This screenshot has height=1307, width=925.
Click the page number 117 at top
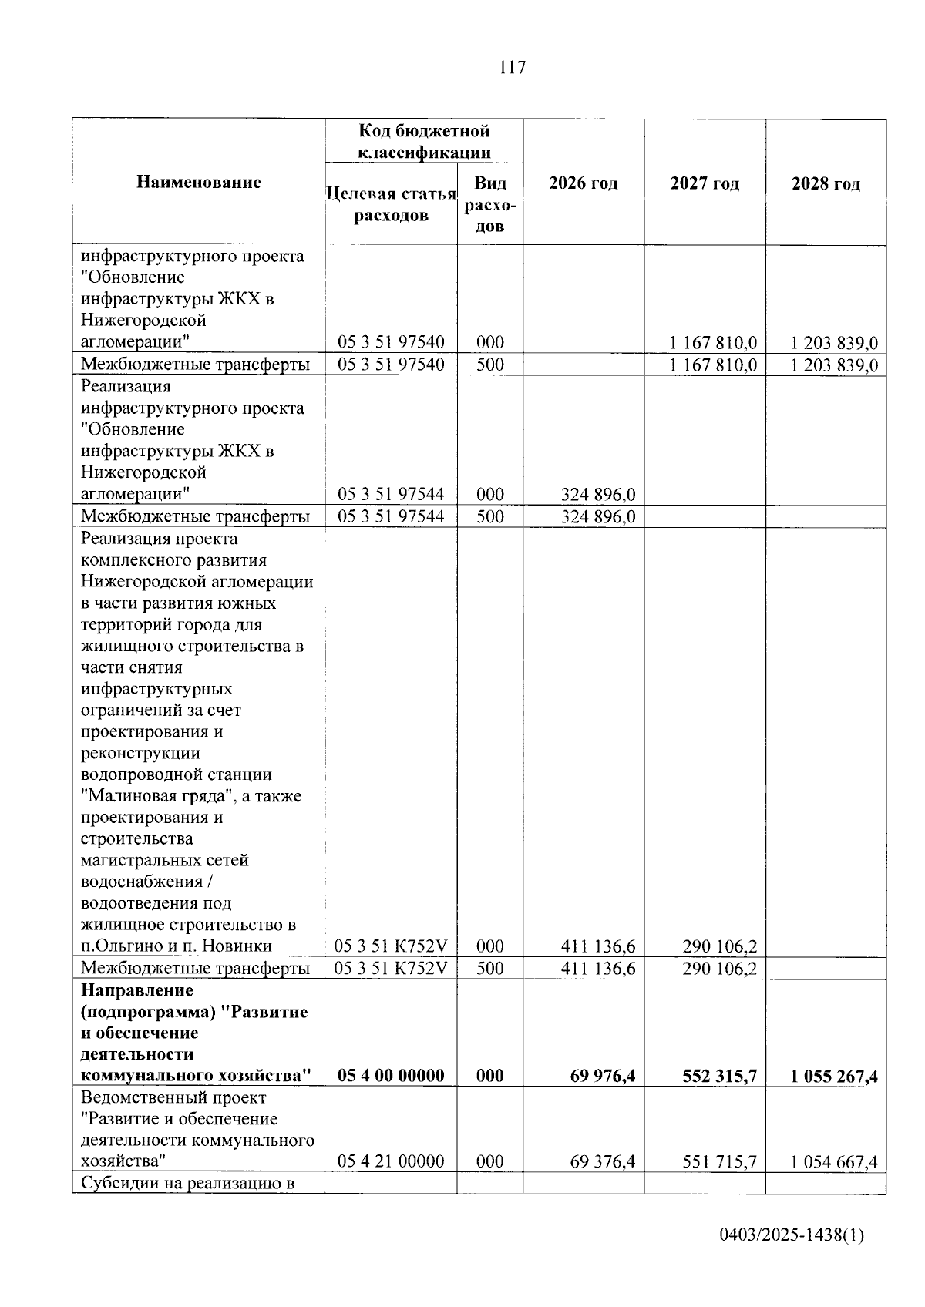point(513,68)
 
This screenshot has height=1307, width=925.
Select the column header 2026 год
point(584,183)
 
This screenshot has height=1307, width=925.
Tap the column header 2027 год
point(705,183)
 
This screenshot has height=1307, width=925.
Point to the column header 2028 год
point(826,183)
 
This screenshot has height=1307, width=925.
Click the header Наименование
point(199,182)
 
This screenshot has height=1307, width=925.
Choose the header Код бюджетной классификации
point(424,141)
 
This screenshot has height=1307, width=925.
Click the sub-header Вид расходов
point(490,204)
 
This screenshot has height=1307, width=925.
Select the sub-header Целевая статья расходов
point(391,204)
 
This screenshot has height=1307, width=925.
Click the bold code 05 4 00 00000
point(391,1076)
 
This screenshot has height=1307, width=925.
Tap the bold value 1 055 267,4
point(834,1076)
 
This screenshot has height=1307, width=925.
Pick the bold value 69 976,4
point(603,1076)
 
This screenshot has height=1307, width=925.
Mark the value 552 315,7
point(719,1076)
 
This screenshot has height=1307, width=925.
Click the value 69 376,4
point(603,1161)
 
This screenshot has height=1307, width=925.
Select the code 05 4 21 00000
point(391,1161)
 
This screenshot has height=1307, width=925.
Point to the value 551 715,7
point(719,1161)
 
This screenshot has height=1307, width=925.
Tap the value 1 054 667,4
point(834,1161)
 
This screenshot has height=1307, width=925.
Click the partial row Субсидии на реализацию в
point(188,1183)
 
